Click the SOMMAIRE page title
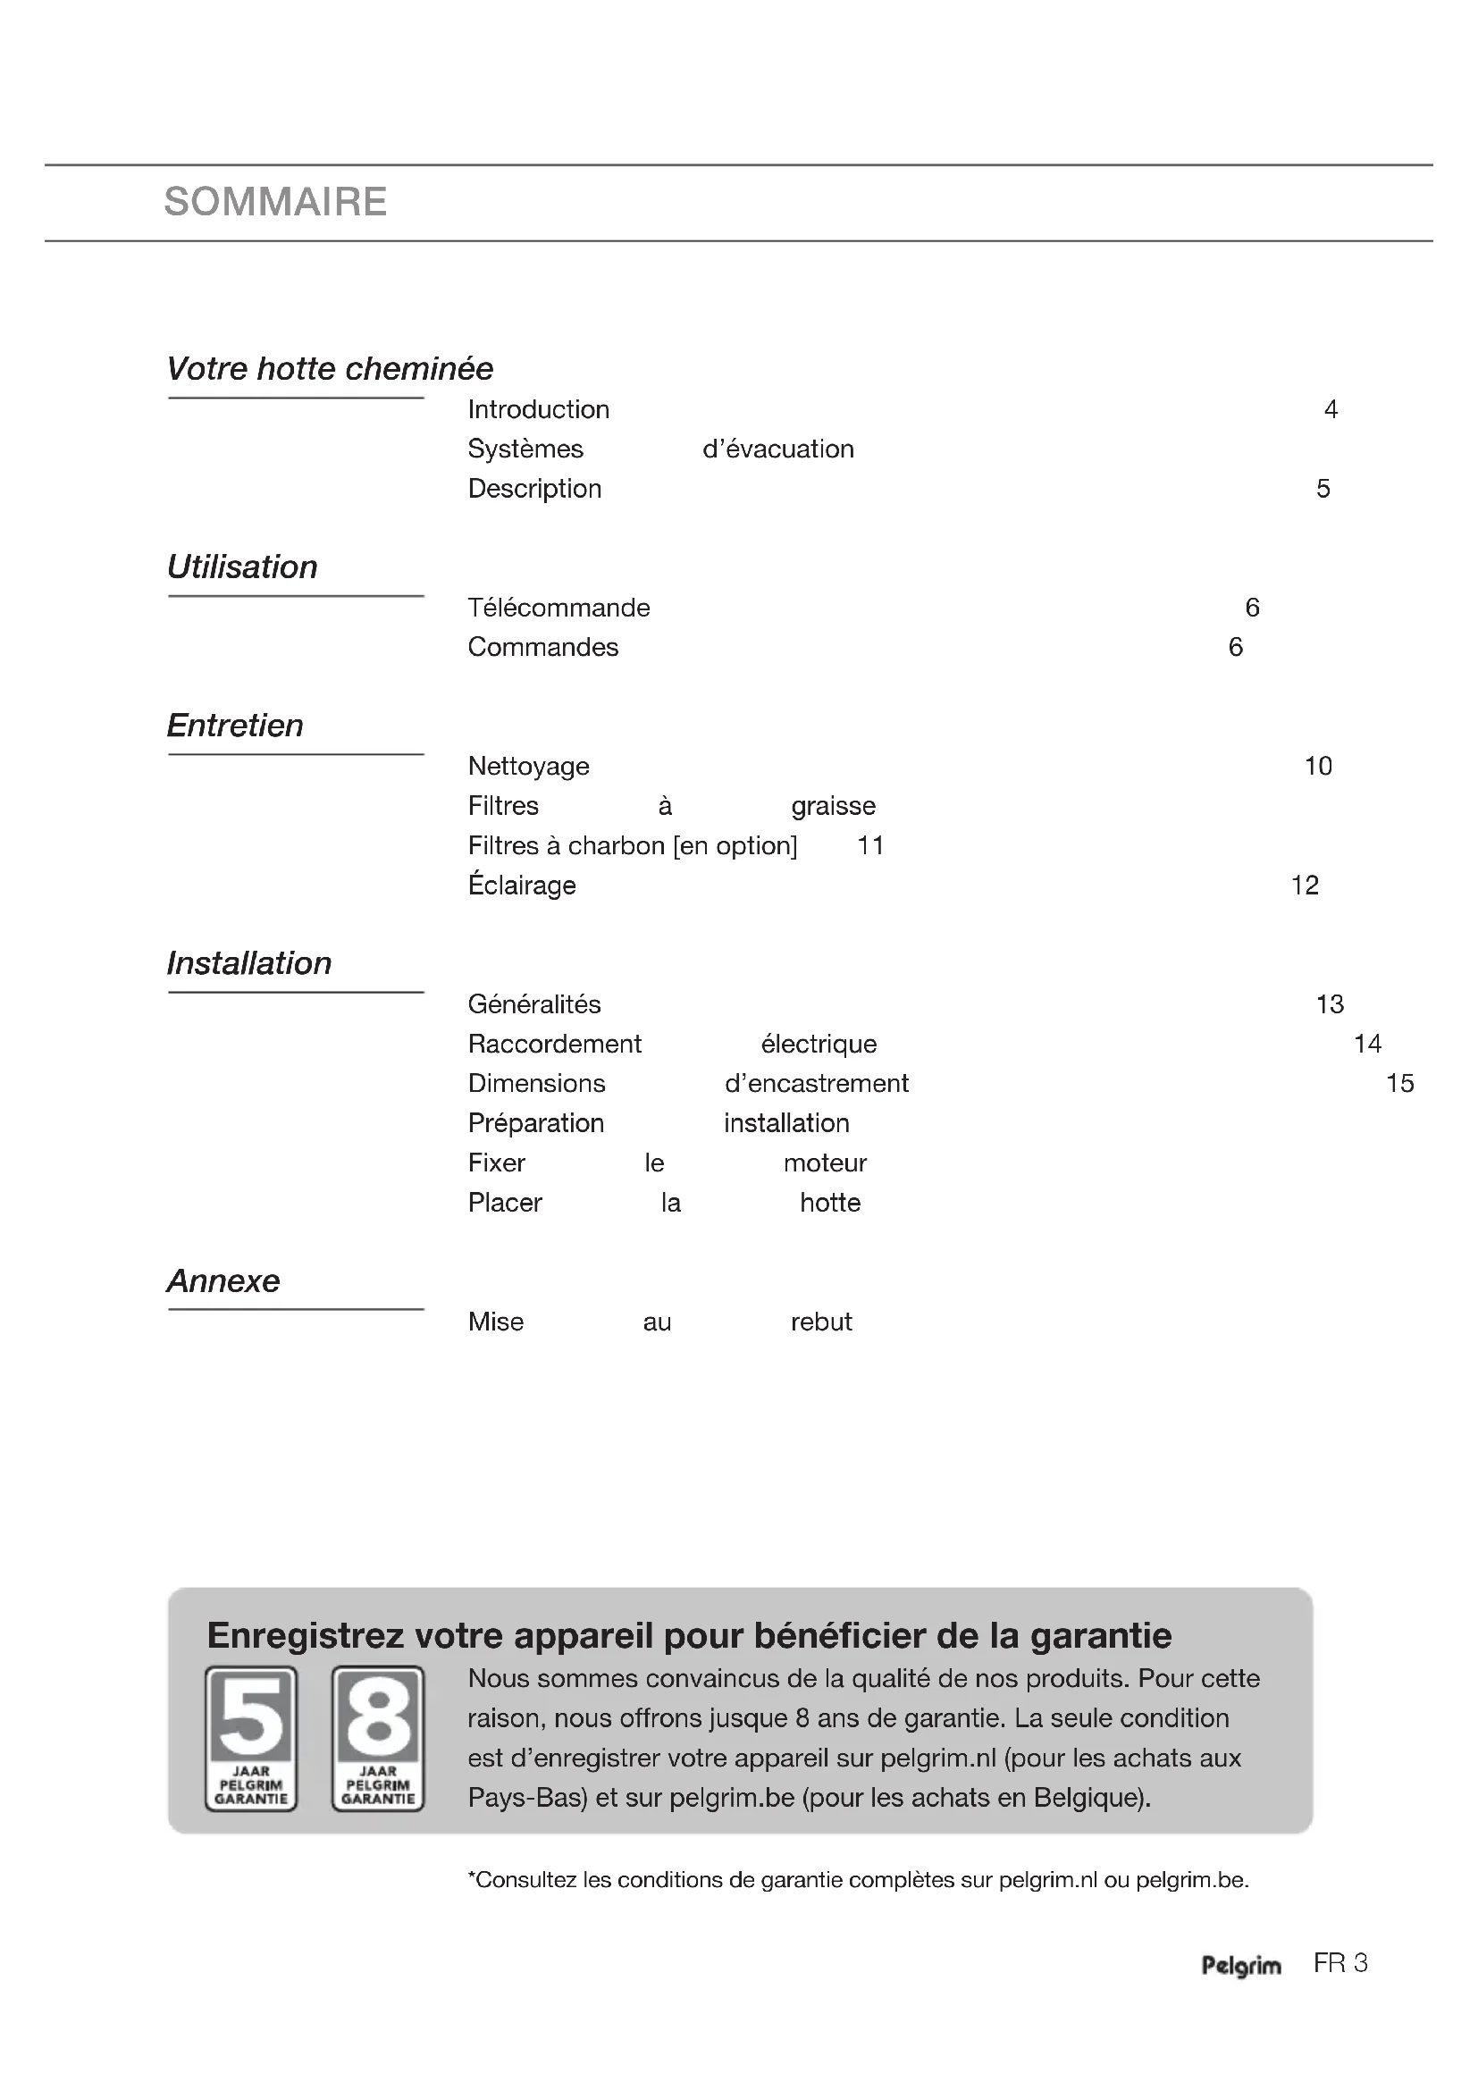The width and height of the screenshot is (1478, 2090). pos(275,202)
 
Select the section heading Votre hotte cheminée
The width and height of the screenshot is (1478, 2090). pos(330,369)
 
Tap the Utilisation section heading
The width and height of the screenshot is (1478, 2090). pos(242,567)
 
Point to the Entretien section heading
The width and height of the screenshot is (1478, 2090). pos(235,726)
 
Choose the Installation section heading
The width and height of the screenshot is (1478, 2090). pos(249,963)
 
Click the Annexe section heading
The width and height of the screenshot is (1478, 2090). pos(223,1280)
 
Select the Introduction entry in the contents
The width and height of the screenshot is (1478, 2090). pos(538,409)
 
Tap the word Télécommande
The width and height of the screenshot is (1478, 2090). pos(558,609)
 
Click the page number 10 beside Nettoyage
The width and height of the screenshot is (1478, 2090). pos(1318,767)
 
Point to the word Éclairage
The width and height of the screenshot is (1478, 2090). pos(522,886)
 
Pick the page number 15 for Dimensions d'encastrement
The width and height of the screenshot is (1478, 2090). pos(1399,1083)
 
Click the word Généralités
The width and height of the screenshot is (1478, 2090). pos(534,1004)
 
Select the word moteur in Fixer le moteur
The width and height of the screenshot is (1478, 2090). pos(825,1163)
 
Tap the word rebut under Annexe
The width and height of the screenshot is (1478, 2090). pos(821,1322)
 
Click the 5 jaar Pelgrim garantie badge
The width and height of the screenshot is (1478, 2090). pos(251,1738)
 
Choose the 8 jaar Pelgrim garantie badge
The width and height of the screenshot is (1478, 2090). pos(378,1738)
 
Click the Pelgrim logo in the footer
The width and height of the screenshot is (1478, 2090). pos(1240,1966)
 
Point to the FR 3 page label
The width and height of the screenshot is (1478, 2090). pos(1339,1963)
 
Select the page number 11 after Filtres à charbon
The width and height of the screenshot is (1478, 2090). pos(871,845)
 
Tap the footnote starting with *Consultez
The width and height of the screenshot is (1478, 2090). pos(857,1880)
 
